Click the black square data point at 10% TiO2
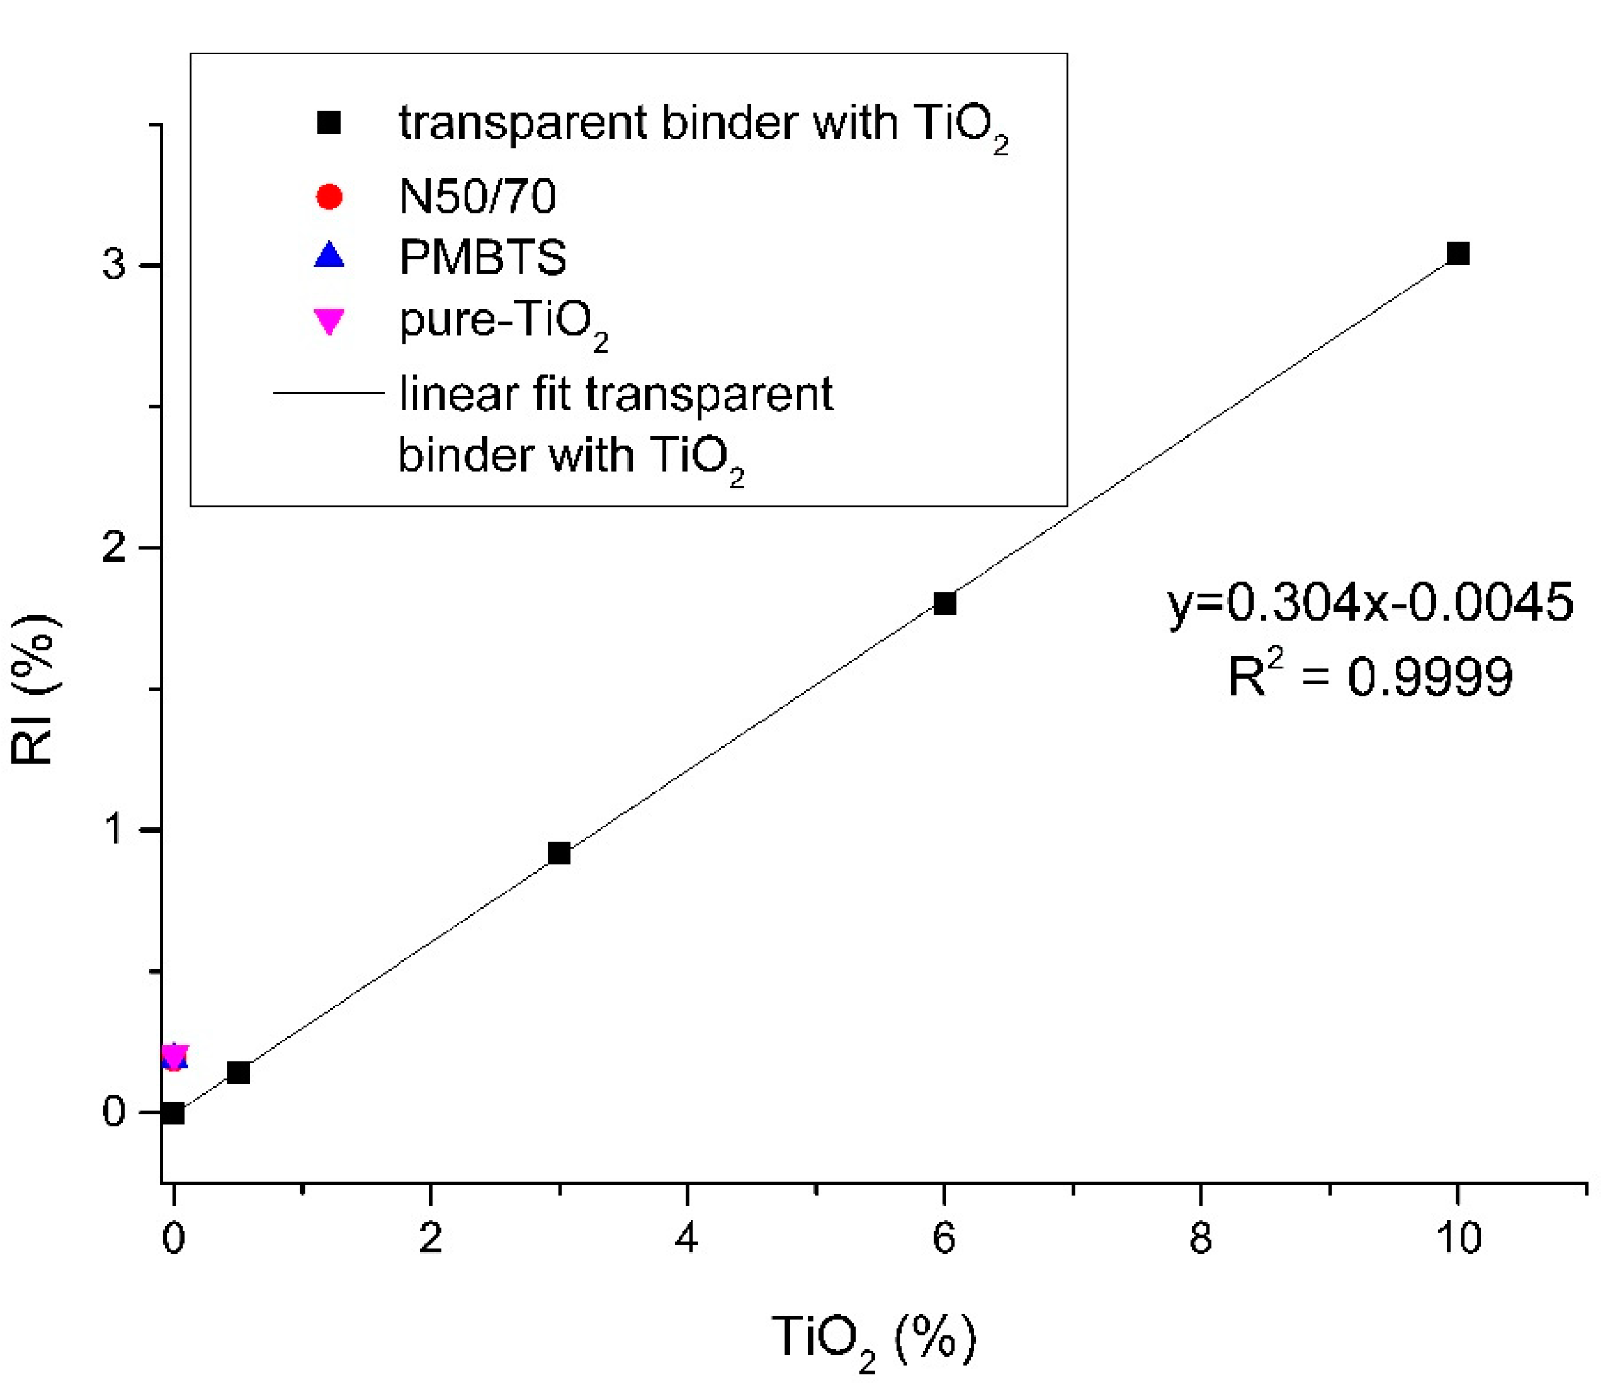click(1457, 253)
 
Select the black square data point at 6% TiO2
click(945, 603)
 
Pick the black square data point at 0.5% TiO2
click(239, 1073)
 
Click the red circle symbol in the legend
click(329, 197)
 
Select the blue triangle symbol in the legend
click(329, 256)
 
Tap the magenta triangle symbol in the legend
click(329, 321)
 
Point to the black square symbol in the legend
click(329, 123)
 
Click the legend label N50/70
click(477, 197)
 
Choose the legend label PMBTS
click(483, 257)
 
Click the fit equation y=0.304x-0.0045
click(1370, 602)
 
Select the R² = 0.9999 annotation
click(1370, 674)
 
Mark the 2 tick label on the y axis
click(114, 547)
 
